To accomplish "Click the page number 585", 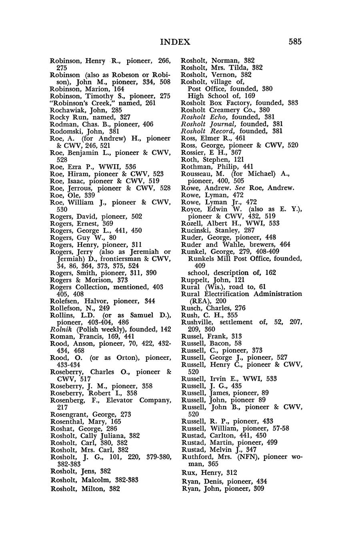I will point(293,42).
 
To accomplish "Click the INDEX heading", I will point(175,42).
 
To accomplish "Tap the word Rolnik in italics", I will point(60,329).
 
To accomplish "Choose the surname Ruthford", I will point(197,457).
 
